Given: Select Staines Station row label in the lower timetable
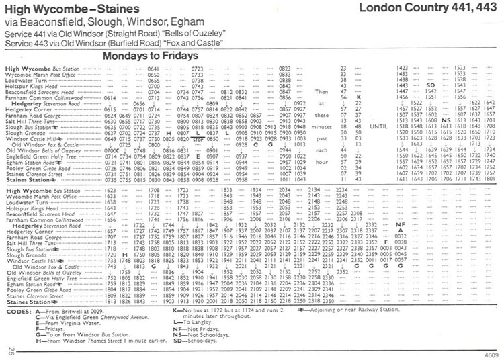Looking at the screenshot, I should click(28, 302).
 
